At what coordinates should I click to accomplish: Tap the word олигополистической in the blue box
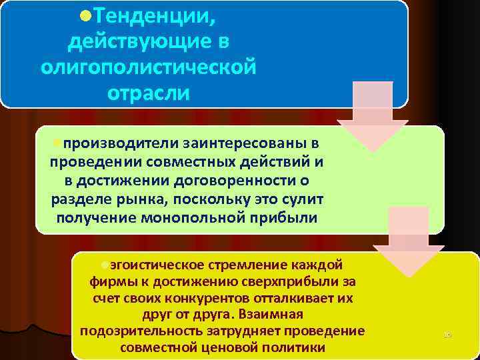point(148,67)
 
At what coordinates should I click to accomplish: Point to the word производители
point(113,143)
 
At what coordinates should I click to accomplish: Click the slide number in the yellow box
point(447,334)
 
